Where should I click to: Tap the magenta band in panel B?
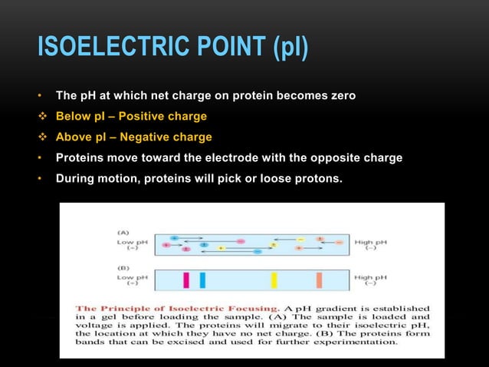tap(185, 279)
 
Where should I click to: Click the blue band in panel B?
tap(202, 279)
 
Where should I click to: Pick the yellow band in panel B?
tap(274, 279)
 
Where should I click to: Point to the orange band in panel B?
tap(319, 279)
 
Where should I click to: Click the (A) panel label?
tap(123, 230)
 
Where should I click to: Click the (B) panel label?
tap(123, 267)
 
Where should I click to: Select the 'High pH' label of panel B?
tap(371, 277)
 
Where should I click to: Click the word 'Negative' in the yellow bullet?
tap(151, 137)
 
